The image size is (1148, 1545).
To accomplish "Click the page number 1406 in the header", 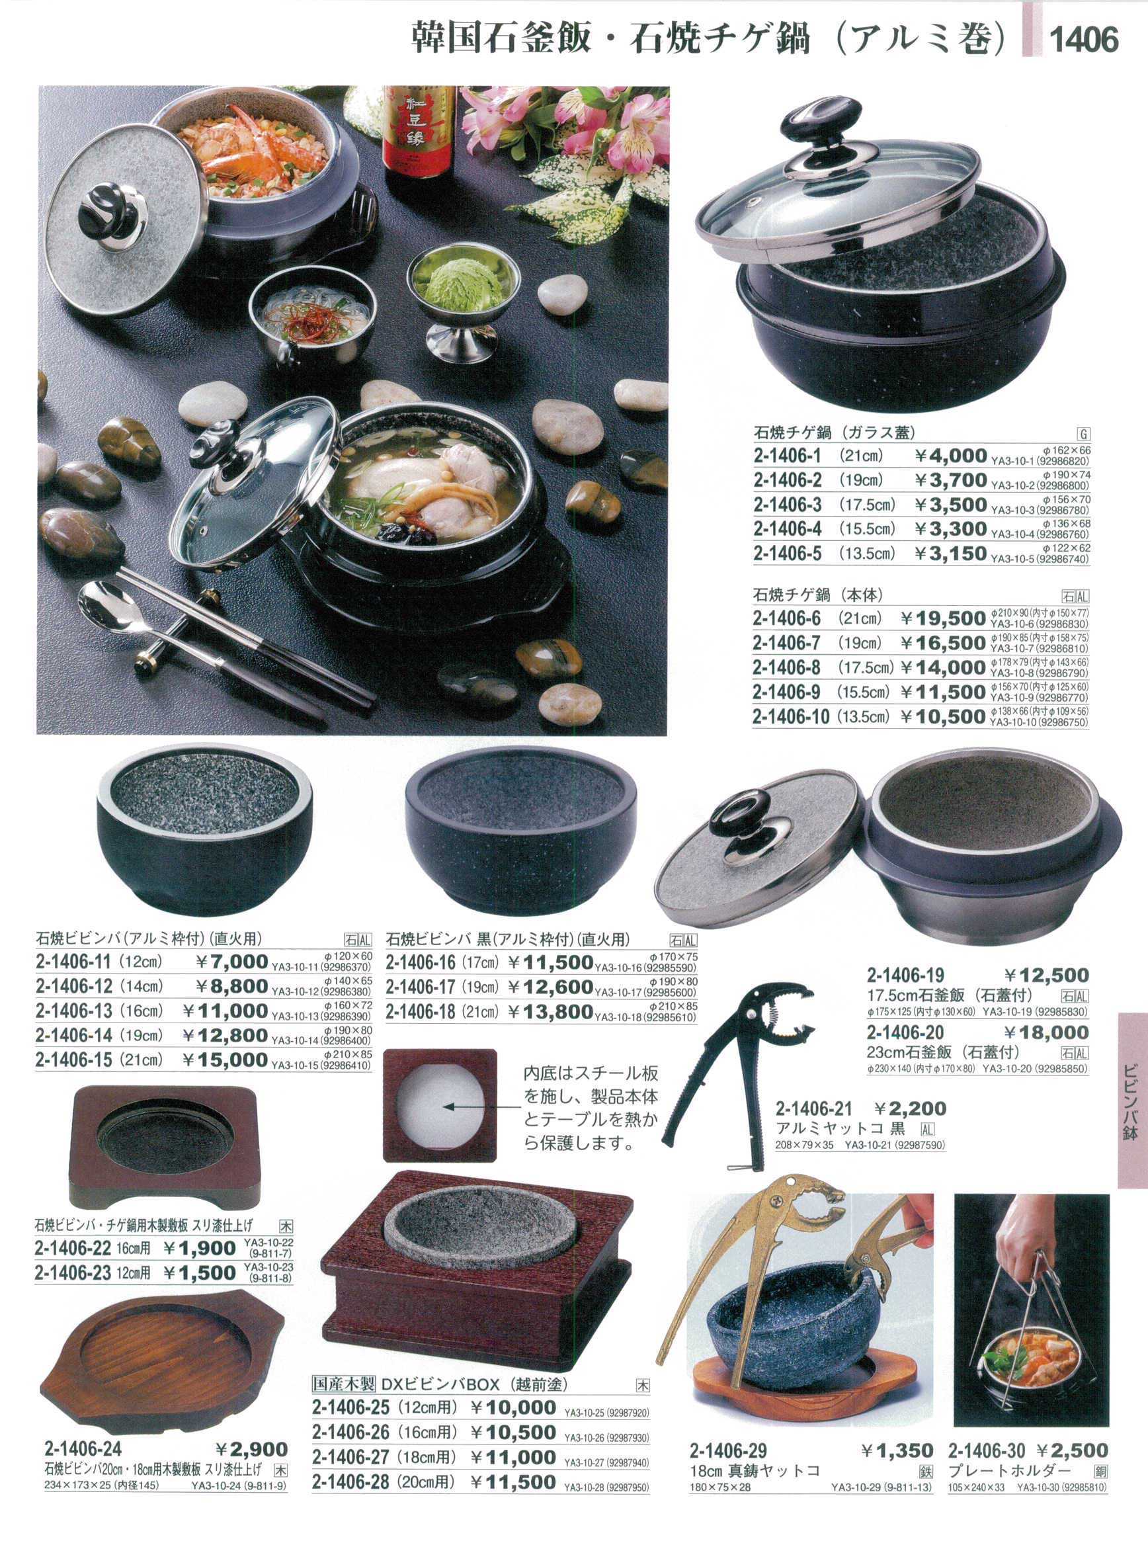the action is pyautogui.click(x=1083, y=38).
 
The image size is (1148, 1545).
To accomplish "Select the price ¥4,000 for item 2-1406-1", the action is pyautogui.click(x=950, y=456).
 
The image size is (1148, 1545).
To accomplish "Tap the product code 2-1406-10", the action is pyautogui.click(x=791, y=716).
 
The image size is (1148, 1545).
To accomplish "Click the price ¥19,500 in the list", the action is pyautogui.click(x=944, y=618).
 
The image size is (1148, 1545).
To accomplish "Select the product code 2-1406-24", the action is pyautogui.click(x=83, y=1449).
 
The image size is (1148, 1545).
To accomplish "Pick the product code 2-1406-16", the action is pyautogui.click(x=421, y=962).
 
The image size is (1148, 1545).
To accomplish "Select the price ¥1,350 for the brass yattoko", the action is pyautogui.click(x=897, y=1450).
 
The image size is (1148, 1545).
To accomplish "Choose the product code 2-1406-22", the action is pyautogui.click(x=73, y=1247).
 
